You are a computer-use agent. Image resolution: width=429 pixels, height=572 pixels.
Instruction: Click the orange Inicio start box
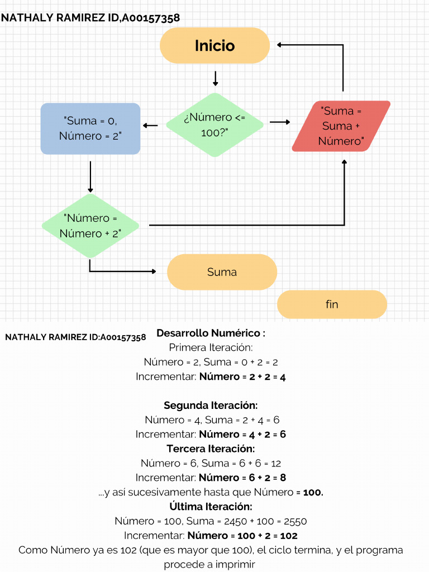click(x=214, y=45)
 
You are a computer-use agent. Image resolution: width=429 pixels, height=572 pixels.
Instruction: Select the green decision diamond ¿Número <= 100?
click(x=214, y=125)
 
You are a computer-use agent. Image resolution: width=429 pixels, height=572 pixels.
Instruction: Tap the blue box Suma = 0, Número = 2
click(x=90, y=128)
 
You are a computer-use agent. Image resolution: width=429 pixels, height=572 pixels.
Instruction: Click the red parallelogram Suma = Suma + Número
click(x=341, y=126)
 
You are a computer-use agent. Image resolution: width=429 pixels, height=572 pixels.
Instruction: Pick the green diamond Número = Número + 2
click(x=90, y=226)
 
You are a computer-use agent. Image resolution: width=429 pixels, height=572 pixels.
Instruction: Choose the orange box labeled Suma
click(x=222, y=272)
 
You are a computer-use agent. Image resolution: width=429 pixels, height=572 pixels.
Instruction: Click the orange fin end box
click(x=332, y=304)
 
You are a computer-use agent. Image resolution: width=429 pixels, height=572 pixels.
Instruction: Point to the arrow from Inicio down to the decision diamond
click(x=215, y=78)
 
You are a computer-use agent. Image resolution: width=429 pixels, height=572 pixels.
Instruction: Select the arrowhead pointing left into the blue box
click(x=146, y=125)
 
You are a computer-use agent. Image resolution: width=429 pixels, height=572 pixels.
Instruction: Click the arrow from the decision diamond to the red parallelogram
click(x=280, y=122)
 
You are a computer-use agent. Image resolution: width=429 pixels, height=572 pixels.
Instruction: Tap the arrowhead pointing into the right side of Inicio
click(x=280, y=45)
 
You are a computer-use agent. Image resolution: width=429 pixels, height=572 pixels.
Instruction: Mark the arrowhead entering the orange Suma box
click(x=153, y=271)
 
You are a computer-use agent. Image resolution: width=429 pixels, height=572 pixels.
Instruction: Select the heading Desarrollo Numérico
click(x=211, y=333)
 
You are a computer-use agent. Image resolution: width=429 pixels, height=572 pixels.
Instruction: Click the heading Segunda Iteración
click(x=211, y=405)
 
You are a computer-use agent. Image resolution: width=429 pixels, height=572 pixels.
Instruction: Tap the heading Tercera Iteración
click(x=211, y=449)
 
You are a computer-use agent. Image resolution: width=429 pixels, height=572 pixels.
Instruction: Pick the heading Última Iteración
click(x=211, y=507)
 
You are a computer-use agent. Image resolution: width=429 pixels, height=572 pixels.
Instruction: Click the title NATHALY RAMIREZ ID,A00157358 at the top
click(x=90, y=18)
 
